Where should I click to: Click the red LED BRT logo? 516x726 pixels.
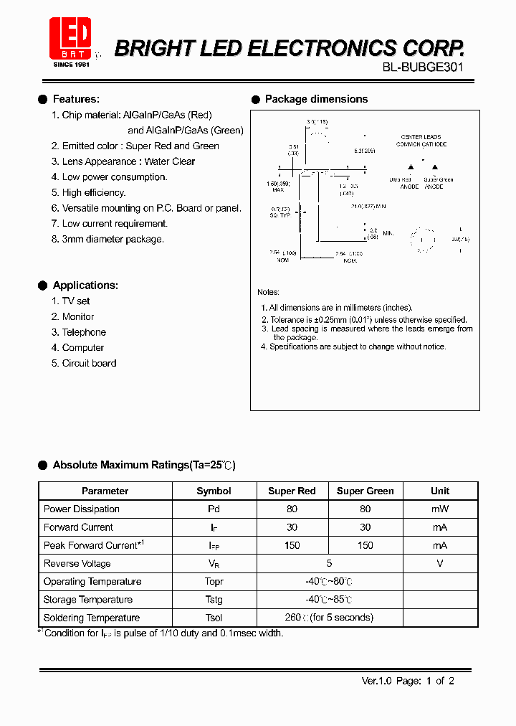tap(70, 38)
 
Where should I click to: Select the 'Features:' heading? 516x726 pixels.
tap(76, 99)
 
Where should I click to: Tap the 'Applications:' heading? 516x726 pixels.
tap(85, 286)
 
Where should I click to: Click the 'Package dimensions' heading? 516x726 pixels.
tap(316, 99)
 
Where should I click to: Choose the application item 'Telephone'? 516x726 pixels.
tap(84, 332)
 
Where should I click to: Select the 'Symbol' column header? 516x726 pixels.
tap(214, 491)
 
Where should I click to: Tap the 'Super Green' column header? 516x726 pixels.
tap(365, 491)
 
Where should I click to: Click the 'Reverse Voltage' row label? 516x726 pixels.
tap(77, 564)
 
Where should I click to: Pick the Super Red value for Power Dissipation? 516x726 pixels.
tap(292, 509)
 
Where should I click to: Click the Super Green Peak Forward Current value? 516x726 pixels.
tap(365, 545)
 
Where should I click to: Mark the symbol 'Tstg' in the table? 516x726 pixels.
tap(214, 600)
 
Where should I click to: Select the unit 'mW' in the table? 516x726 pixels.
tap(440, 509)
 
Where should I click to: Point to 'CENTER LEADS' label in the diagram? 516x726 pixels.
tap(421, 136)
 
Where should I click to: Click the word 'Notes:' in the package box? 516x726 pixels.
tap(269, 292)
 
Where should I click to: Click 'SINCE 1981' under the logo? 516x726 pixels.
tap(70, 65)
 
